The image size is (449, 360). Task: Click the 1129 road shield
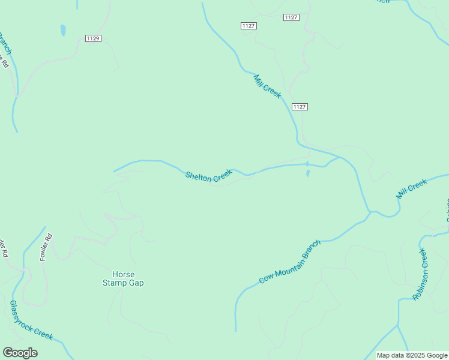pyautogui.click(x=93, y=38)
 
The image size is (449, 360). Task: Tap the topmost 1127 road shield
pyautogui.click(x=291, y=17)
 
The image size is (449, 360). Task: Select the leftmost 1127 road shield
pyautogui.click(x=249, y=25)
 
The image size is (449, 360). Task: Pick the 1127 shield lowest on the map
pyautogui.click(x=300, y=107)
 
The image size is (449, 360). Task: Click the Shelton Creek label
pyautogui.click(x=208, y=175)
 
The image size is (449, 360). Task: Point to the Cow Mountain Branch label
pyautogui.click(x=291, y=262)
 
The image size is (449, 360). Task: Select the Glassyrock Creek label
pyautogui.click(x=31, y=321)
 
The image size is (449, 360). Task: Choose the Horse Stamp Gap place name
pyautogui.click(x=123, y=278)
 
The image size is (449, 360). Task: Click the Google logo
pyautogui.click(x=20, y=353)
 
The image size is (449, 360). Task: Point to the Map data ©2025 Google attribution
pyautogui.click(x=411, y=355)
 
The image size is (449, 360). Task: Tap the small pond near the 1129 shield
pyautogui.click(x=63, y=30)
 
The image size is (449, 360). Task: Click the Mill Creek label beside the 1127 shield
pyautogui.click(x=267, y=86)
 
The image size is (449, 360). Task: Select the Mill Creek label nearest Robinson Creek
pyautogui.click(x=411, y=188)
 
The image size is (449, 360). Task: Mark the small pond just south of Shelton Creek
pyautogui.click(x=308, y=173)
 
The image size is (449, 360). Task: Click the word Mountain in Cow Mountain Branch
pyautogui.click(x=290, y=263)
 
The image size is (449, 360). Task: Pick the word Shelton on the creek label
pyautogui.click(x=199, y=176)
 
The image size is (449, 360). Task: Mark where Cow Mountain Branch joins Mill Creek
pyautogui.click(x=369, y=212)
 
